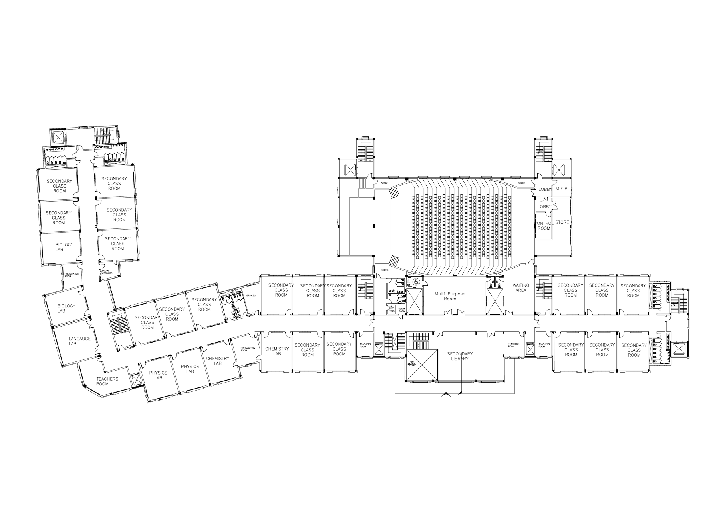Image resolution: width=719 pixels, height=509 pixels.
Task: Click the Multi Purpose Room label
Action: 450,296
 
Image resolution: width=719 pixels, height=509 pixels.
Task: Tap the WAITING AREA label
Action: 521,288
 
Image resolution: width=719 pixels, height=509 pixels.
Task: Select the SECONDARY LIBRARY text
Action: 460,356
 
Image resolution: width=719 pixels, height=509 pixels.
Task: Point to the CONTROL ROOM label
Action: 544,226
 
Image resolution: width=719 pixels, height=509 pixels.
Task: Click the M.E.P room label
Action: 562,189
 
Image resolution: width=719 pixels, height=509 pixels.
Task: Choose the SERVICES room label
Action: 250,295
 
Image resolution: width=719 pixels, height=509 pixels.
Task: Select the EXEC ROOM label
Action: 391,309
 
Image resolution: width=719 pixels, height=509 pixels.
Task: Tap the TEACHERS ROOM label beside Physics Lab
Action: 107,381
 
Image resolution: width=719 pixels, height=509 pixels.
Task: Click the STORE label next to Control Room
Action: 562,222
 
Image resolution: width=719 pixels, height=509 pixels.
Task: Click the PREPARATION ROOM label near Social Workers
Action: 72,275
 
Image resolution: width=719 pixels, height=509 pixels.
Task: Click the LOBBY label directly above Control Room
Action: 544,207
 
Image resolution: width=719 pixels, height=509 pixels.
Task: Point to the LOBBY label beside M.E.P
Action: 545,189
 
